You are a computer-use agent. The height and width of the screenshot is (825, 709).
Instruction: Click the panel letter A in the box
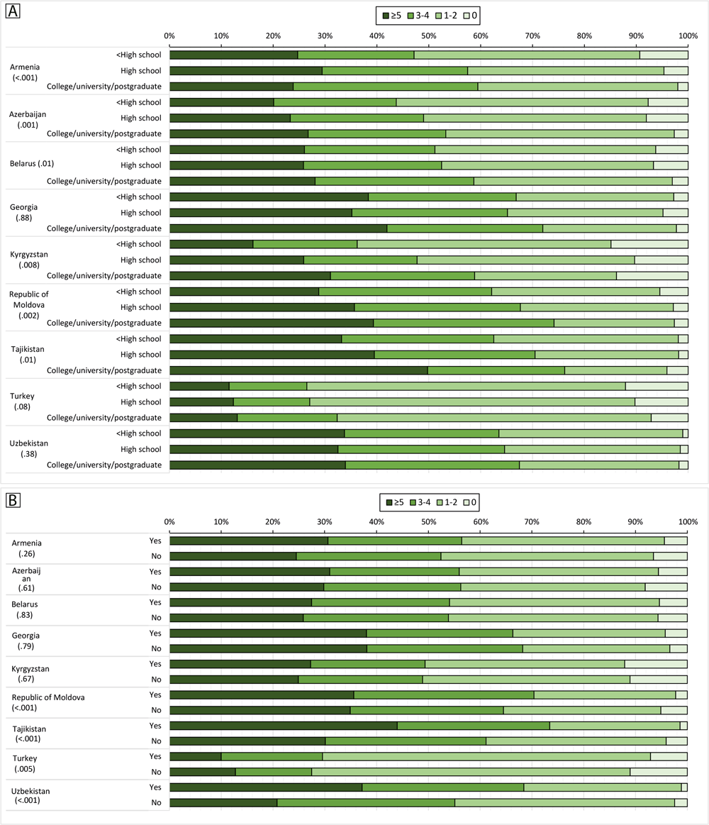(13, 12)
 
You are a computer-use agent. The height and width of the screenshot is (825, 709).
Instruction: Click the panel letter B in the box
(13, 501)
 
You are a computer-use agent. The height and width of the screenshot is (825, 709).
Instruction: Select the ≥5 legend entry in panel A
(392, 14)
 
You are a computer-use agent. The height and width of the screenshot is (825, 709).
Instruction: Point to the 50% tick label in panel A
(428, 35)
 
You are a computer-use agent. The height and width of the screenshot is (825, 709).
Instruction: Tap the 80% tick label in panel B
(584, 522)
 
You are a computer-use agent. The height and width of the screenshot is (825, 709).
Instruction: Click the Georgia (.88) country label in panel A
(25, 213)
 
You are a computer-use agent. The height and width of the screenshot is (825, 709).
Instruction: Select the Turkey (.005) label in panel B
(26, 763)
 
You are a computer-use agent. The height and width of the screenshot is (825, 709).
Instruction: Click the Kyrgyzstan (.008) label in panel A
(30, 260)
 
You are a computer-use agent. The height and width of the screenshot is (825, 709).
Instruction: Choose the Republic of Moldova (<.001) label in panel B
(48, 702)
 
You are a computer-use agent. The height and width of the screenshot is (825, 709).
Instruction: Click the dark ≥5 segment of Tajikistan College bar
(298, 370)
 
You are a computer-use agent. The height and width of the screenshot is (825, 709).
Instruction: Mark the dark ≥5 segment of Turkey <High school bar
(199, 386)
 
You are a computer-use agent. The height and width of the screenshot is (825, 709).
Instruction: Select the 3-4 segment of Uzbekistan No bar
(365, 802)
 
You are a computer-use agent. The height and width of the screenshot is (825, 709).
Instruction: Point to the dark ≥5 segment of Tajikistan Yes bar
(283, 726)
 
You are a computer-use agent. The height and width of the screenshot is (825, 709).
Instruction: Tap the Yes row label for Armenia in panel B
(155, 541)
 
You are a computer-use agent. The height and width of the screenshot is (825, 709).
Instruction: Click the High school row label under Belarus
(140, 165)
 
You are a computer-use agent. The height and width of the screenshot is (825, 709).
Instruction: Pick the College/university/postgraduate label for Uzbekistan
(104, 465)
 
